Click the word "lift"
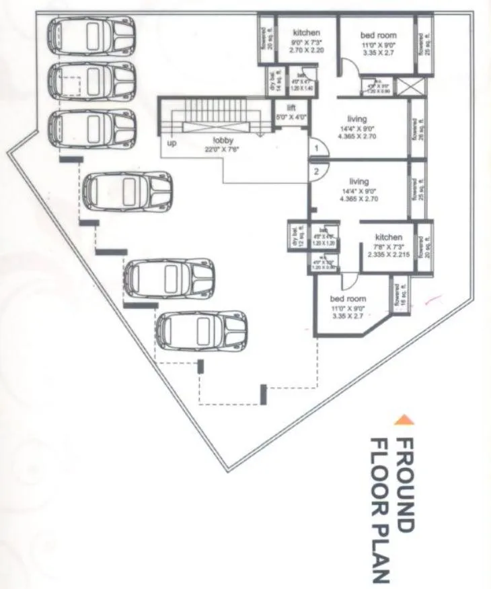coord(291,108)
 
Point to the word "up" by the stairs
coord(172,143)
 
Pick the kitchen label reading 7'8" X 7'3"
coord(388,246)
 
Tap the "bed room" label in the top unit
coord(378,35)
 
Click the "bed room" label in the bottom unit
coord(347,299)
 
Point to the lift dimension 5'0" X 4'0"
coord(291,116)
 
